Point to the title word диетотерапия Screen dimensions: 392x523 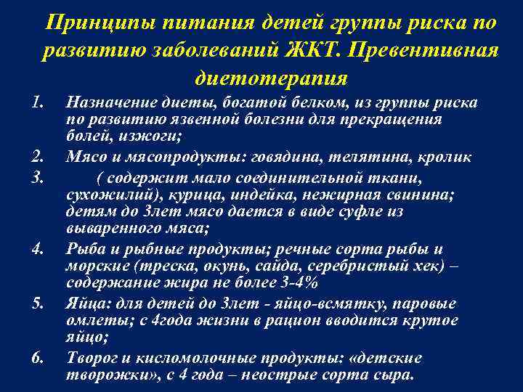(271, 76)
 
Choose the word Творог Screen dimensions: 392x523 (90, 357)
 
